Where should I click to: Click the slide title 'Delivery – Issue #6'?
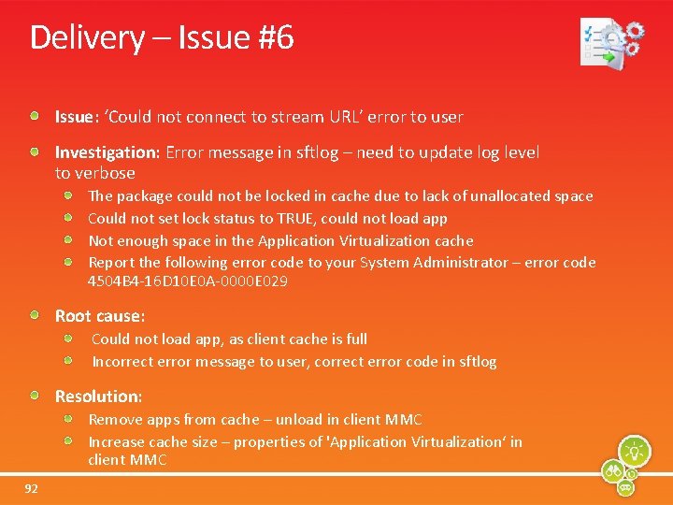[x=162, y=38]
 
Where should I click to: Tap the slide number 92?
[x=32, y=488]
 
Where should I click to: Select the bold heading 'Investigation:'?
[x=107, y=152]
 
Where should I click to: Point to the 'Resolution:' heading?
[x=98, y=397]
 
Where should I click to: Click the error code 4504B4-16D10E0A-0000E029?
[x=187, y=281]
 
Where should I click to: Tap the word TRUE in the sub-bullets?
[x=298, y=219]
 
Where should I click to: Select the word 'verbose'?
[x=107, y=173]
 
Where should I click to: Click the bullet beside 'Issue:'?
[x=35, y=116]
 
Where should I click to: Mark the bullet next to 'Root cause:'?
[x=35, y=315]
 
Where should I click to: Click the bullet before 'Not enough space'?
[x=69, y=240]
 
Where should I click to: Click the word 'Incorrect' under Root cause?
[x=122, y=362]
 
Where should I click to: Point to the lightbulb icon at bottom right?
[x=635, y=451]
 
